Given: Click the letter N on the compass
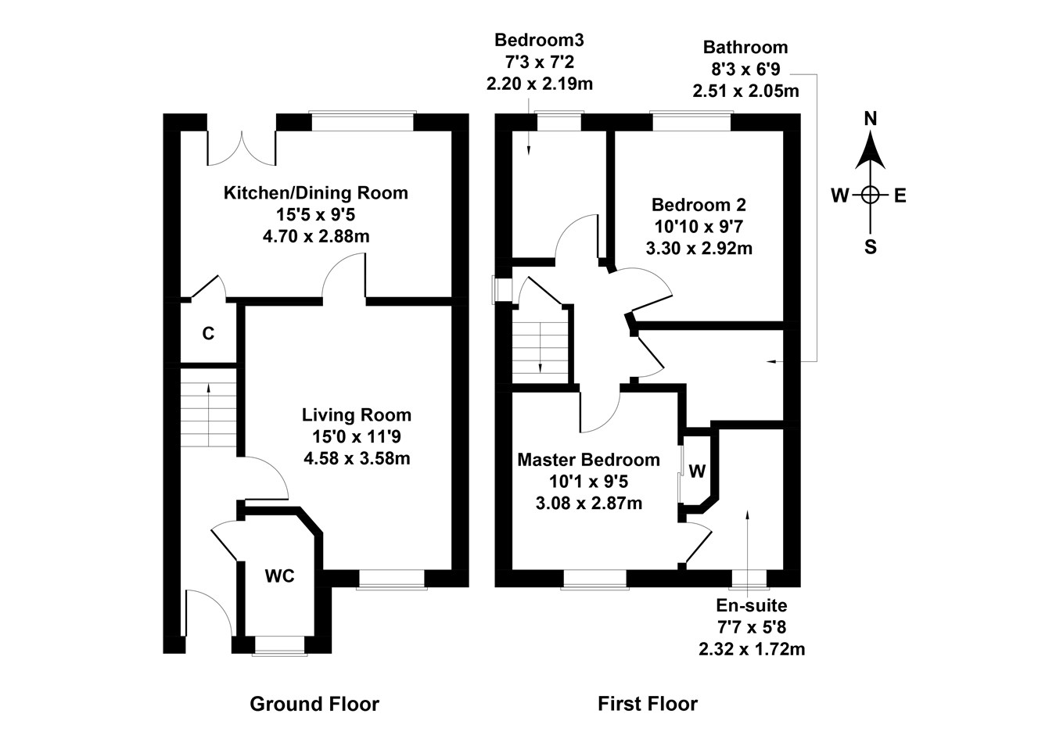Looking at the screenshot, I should point(870,119).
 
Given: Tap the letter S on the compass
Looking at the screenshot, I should point(870,248).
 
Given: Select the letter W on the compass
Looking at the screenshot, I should point(839,195).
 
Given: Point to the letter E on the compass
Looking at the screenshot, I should point(900,195).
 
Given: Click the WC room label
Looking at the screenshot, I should point(279,576).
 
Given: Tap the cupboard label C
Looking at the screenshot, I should point(208,334).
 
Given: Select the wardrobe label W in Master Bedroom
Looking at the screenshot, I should point(697,472).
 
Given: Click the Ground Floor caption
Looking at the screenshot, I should point(314,704).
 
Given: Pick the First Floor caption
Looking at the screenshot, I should point(647,704).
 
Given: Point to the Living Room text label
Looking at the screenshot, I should point(357,415).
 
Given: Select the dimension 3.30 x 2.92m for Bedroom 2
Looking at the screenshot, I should point(699,249).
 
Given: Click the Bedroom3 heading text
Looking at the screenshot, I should point(539,40).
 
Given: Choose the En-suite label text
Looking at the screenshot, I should point(751,605).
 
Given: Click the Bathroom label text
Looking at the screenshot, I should point(745,47).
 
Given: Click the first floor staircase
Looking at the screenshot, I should point(541,343).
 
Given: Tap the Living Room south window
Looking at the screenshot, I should point(392,579).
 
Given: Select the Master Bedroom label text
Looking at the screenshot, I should point(588,460).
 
